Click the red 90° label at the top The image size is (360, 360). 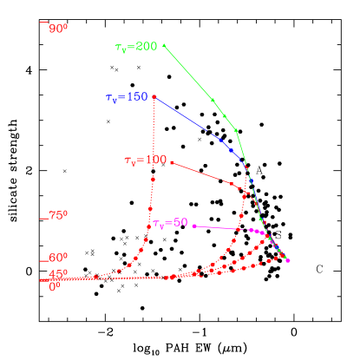[58, 29]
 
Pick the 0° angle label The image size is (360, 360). [56, 286]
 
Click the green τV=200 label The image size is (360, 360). [135, 47]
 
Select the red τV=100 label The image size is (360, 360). [145, 160]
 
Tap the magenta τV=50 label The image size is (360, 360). [170, 224]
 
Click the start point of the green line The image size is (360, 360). [164, 44]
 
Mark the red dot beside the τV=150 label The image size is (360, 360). [154, 96]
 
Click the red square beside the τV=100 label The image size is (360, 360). [173, 161]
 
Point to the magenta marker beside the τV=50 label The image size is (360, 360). [194, 226]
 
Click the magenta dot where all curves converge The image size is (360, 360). [288, 260]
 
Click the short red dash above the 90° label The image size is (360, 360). [43, 21]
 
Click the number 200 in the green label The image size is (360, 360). [146, 46]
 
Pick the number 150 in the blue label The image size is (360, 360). [137, 98]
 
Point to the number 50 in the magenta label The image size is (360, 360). [180, 223]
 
